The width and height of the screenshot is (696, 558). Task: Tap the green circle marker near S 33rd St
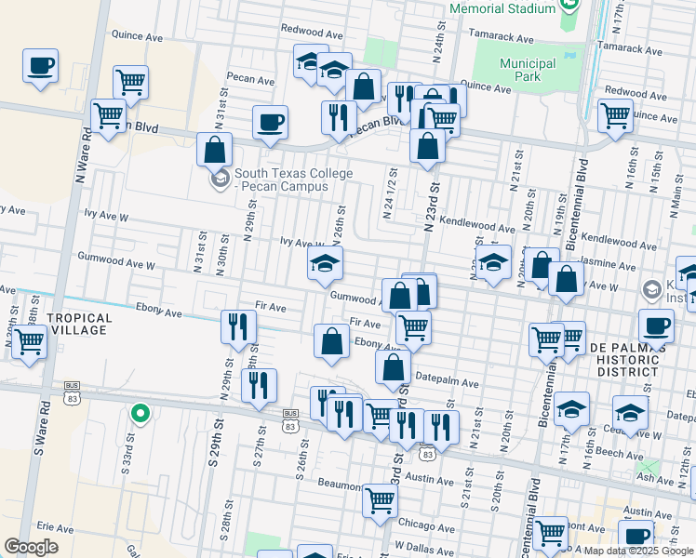(x=140, y=413)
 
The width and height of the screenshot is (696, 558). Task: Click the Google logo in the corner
(x=31, y=547)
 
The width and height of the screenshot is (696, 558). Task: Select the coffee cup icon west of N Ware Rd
(x=41, y=67)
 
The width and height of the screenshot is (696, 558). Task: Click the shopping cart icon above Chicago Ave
(x=380, y=500)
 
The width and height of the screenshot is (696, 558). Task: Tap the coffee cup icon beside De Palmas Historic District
(x=657, y=327)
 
